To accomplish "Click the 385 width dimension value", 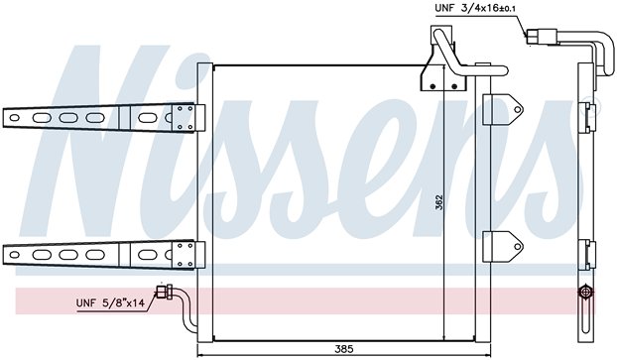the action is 344,348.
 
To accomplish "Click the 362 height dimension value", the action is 439,202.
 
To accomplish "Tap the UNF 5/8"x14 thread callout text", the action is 110,302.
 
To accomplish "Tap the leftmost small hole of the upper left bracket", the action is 14,118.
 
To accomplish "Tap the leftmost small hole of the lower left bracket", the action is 14,255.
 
